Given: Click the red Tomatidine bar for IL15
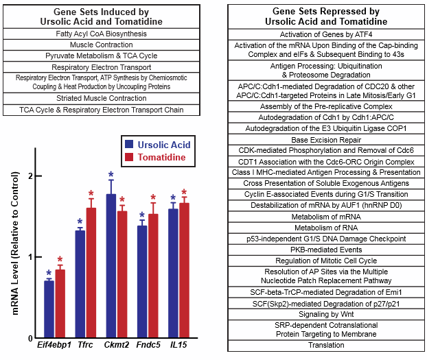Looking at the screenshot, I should [x=183, y=271].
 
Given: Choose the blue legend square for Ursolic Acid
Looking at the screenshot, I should [x=128, y=145].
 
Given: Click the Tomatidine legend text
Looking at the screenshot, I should [x=165, y=158].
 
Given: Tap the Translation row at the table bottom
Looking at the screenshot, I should [x=326, y=345].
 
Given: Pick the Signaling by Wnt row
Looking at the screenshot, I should [x=326, y=313].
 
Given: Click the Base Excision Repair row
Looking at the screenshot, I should [x=326, y=139].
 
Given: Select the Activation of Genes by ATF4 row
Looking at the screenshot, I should [x=326, y=34].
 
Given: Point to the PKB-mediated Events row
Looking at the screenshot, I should [x=326, y=249].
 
